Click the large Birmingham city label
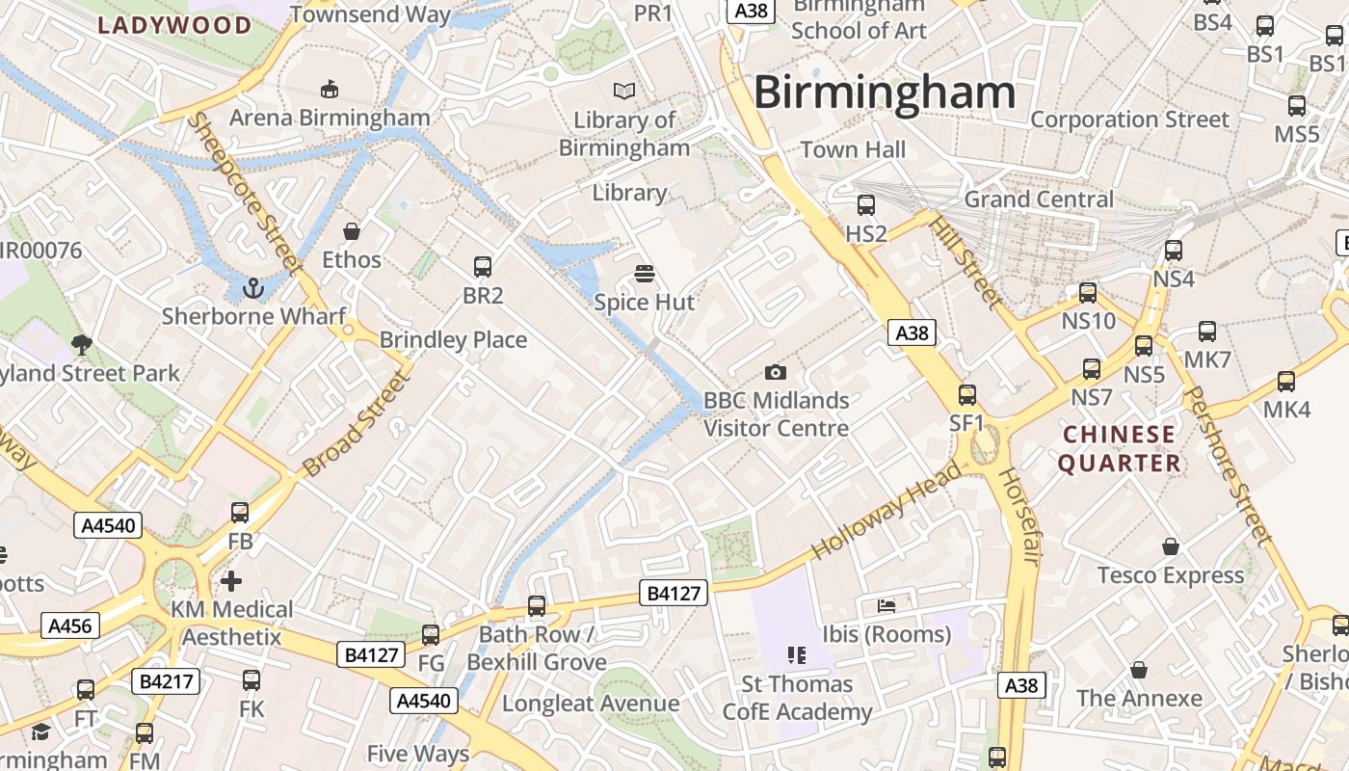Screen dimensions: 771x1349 [884, 93]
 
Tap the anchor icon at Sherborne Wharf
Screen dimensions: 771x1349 [252, 287]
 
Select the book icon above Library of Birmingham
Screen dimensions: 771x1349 [624, 91]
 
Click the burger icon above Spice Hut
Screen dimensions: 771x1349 [645, 274]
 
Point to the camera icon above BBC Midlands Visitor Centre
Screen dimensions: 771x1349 [775, 372]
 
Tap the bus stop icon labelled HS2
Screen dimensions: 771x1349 [865, 204]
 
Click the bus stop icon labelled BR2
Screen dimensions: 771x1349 [483, 267]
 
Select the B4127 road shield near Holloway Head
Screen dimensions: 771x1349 [674, 593]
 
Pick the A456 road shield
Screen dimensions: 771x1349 [69, 625]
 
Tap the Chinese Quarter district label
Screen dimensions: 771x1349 [1119, 448]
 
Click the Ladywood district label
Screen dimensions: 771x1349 [175, 25]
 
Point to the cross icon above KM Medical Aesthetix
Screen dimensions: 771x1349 [231, 581]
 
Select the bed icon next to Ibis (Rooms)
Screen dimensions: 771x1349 [886, 606]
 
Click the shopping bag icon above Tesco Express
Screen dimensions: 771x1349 [1170, 546]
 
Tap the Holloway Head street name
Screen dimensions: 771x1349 [886, 512]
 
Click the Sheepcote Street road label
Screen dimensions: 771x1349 [244, 193]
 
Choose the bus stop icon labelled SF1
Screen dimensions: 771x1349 [966, 394]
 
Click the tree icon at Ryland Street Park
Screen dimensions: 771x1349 [82, 344]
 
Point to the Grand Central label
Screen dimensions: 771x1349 [1038, 199]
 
